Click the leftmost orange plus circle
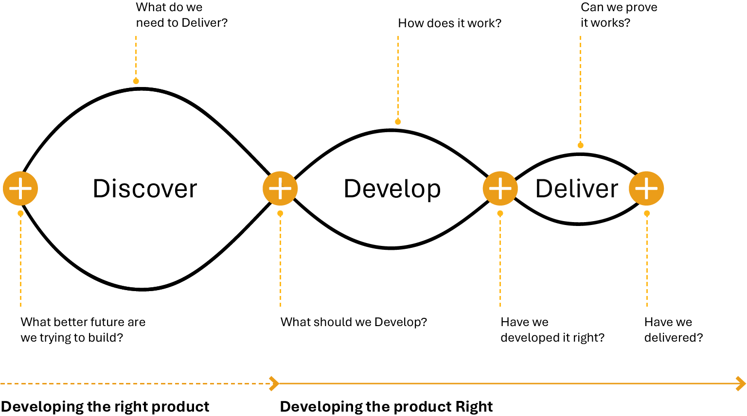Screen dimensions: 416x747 (x=20, y=188)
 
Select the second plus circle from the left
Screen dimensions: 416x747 (x=280, y=188)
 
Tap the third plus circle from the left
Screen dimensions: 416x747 (x=500, y=188)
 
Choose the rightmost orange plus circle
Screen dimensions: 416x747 (x=646, y=188)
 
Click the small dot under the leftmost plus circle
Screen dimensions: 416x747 (x=20, y=213)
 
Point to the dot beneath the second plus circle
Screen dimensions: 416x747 (x=280, y=213)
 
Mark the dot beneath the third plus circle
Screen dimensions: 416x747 (x=500, y=213)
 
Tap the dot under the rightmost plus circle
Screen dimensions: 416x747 (x=647, y=213)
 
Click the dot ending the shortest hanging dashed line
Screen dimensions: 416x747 (x=136, y=81)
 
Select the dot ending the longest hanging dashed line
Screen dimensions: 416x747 (x=580, y=145)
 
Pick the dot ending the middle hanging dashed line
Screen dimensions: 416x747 (x=398, y=122)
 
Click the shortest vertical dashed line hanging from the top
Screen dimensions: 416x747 (x=136, y=56)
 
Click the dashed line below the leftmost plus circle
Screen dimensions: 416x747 (x=20, y=262)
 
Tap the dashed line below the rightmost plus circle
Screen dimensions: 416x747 (x=647, y=262)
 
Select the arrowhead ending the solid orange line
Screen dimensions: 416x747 (x=741, y=383)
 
